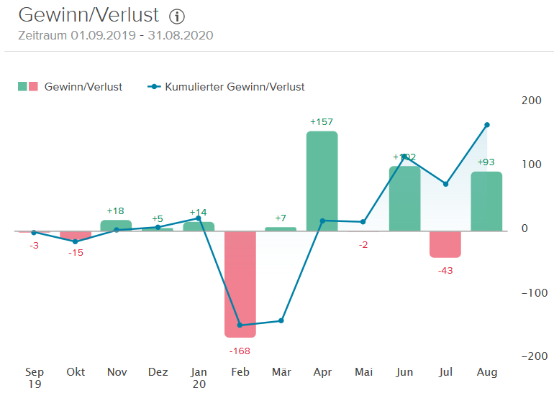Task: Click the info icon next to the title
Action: click(x=177, y=17)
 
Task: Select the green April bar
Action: click(x=322, y=181)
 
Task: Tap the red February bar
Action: click(x=240, y=284)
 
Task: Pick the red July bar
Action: click(x=445, y=244)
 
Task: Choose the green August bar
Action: click(x=486, y=201)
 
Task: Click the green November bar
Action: click(x=116, y=226)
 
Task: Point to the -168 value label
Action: click(x=240, y=351)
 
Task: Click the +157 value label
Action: click(x=322, y=122)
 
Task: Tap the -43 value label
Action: click(x=445, y=270)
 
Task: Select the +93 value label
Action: click(x=487, y=162)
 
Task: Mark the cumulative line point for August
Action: click(x=487, y=125)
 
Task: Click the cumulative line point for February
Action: click(x=240, y=325)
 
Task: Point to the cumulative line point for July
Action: click(x=445, y=184)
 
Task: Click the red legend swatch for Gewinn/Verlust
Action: click(x=33, y=87)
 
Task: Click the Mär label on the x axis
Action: click(x=281, y=372)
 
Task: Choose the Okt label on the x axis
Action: click(x=76, y=372)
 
